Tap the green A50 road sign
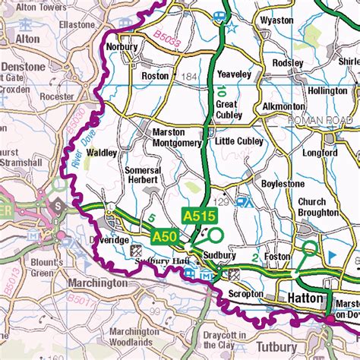coord(165,238)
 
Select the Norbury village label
coord(122,46)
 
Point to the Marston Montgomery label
coord(169,136)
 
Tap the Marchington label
coord(98,283)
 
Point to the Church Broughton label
coord(311,207)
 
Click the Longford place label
coord(319,153)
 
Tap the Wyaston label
coord(276,21)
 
